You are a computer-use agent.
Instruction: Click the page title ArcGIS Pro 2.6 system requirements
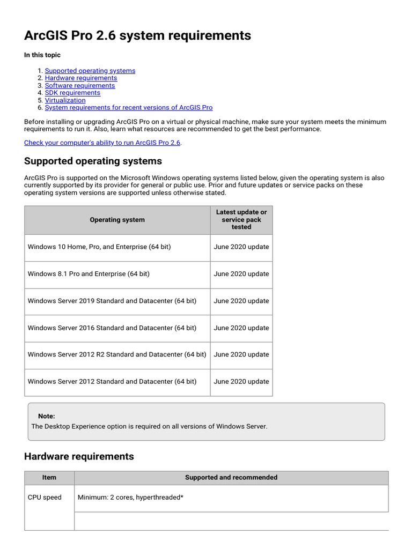coord(137,35)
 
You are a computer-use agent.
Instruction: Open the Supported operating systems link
coord(90,71)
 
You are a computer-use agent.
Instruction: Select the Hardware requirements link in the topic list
coord(81,78)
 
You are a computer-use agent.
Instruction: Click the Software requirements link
coord(80,86)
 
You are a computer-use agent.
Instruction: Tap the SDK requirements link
coord(72,93)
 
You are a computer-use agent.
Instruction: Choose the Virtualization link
coord(65,100)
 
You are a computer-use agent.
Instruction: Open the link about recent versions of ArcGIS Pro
coord(129,108)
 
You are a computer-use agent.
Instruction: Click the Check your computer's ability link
coord(102,143)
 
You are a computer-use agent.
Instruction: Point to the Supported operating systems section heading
coord(93,161)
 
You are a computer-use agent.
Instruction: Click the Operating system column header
coord(117,220)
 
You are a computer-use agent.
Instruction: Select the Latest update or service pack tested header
coord(241,220)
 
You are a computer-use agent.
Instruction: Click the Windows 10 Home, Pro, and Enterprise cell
coord(99,247)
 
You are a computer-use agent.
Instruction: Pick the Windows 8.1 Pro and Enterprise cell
coord(89,274)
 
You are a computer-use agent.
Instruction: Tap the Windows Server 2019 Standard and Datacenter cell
coord(112,301)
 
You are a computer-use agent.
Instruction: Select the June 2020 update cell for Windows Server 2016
coord(241,328)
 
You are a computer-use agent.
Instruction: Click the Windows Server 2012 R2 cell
coord(117,355)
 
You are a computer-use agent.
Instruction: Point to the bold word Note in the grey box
coord(47,417)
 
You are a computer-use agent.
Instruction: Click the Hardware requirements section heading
coord(79,457)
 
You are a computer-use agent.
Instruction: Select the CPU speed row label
coord(45,498)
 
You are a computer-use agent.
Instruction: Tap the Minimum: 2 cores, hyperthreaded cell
coord(131,498)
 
